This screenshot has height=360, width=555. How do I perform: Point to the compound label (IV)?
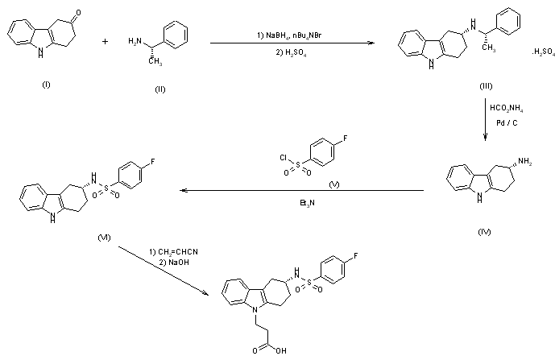pyautogui.click(x=484, y=232)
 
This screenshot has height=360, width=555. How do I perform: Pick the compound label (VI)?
pyautogui.click(x=104, y=238)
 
